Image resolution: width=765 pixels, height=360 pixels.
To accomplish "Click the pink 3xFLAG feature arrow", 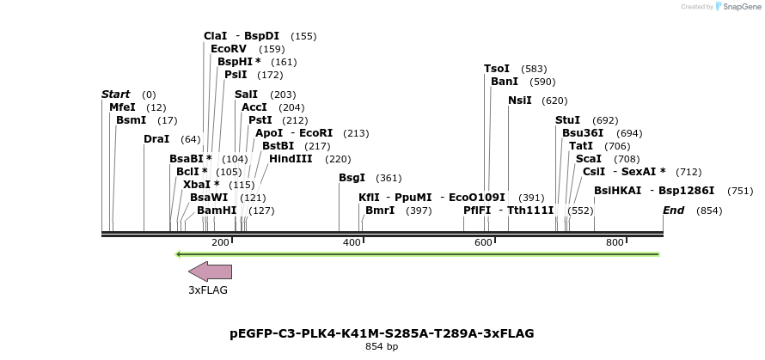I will (211, 272).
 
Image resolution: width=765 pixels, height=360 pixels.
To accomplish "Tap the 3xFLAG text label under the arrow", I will (208, 290).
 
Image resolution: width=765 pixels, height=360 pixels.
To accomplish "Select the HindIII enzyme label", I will (291, 159).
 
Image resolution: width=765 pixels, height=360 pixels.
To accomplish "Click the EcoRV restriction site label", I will (229, 49).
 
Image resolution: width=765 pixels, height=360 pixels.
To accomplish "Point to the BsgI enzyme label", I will (352, 178).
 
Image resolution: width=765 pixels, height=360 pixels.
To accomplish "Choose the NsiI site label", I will (520, 101).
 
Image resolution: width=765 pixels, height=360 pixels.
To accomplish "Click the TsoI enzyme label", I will (497, 69).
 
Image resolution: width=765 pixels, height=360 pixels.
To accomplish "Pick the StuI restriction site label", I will (567, 120).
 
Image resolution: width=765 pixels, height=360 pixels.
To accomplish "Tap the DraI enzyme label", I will (156, 139).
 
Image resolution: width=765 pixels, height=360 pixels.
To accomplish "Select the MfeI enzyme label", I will (122, 107).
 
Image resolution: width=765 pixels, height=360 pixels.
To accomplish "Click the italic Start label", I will (115, 95).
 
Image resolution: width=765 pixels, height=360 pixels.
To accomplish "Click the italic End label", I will (673, 211).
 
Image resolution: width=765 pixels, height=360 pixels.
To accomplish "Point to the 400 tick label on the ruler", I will (352, 243).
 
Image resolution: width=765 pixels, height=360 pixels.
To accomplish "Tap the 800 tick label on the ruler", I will (615, 243).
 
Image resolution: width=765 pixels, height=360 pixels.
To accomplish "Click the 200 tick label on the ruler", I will (220, 243).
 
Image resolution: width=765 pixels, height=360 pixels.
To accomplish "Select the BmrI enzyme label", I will (380, 211).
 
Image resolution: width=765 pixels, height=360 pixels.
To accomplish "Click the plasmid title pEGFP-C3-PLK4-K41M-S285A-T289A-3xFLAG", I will (382, 333).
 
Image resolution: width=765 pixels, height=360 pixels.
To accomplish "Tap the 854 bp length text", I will (382, 347).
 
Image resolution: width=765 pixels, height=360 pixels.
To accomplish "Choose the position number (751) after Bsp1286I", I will (740, 191).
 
